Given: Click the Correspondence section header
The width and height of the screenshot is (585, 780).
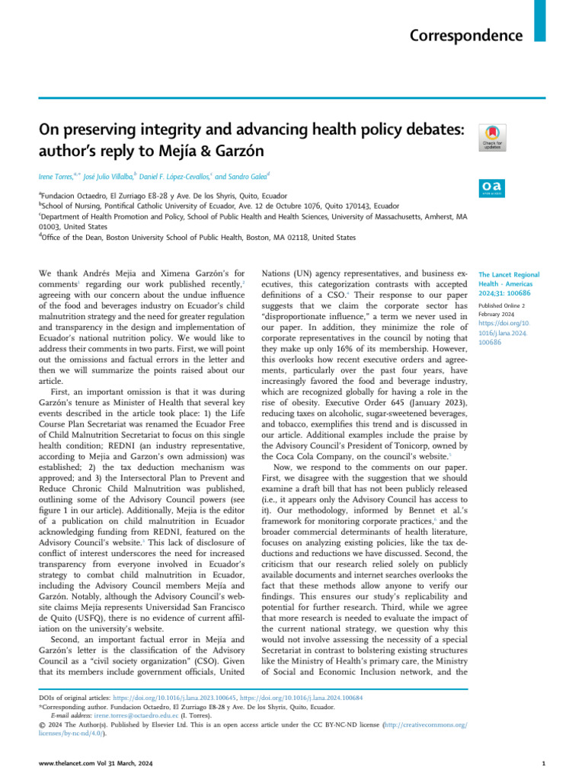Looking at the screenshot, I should pyautogui.click(x=466, y=36).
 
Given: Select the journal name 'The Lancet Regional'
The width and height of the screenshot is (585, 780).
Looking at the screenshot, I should pyautogui.click(x=508, y=274).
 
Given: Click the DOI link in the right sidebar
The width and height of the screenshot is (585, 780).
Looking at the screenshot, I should pyautogui.click(x=498, y=333).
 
